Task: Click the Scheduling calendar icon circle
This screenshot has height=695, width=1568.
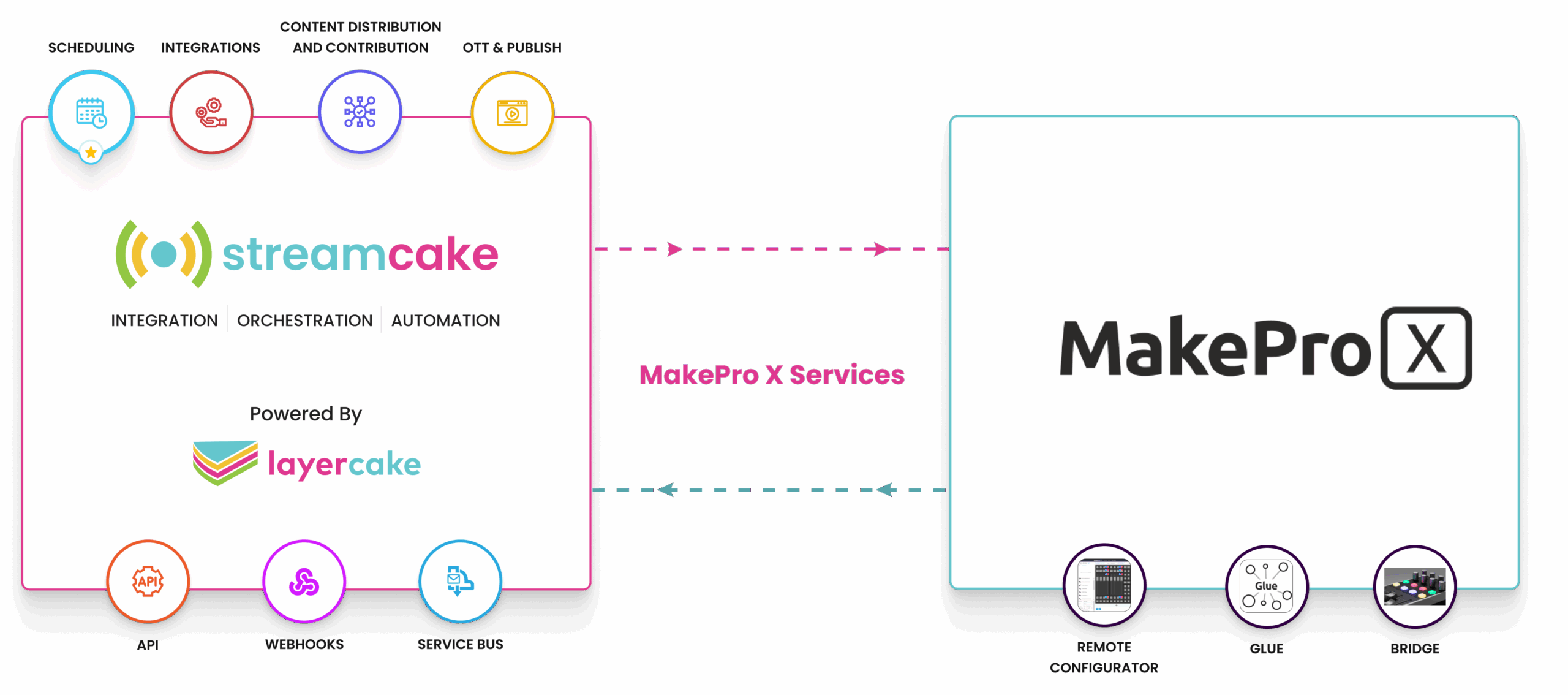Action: pos(91,113)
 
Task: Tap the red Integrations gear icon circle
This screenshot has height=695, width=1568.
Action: pos(211,112)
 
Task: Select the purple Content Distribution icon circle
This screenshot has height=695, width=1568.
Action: pos(360,112)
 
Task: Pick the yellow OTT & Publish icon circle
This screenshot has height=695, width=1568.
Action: pos(513,113)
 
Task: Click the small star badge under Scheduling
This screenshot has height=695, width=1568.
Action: pos(91,152)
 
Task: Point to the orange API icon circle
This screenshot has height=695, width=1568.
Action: pos(148,581)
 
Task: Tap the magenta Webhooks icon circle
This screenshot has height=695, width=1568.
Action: pos(304,581)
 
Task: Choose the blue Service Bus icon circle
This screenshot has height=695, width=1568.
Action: pos(461,581)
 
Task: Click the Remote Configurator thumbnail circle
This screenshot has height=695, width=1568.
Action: pos(1104,585)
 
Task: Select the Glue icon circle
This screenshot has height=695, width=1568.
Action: pos(1267,587)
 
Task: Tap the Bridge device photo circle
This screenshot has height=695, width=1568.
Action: pos(1415,587)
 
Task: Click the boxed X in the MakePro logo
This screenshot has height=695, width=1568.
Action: pos(1427,348)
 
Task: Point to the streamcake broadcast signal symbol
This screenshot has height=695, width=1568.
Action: pos(164,254)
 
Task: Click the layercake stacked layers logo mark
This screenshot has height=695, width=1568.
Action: pos(225,463)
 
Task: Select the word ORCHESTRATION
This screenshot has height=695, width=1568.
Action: pos(305,321)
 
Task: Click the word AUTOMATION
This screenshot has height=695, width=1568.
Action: pos(446,321)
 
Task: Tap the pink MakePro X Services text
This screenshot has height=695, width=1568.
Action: pos(772,374)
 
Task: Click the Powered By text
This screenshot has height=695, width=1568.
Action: pos(306,414)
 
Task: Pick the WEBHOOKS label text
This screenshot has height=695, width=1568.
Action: pos(304,644)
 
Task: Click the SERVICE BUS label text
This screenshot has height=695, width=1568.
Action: pos(461,644)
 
